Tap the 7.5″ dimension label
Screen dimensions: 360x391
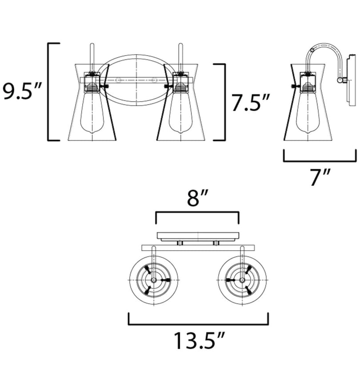250,102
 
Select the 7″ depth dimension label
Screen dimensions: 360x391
320,177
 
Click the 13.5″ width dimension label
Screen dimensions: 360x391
199,341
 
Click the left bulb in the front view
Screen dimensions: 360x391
92,112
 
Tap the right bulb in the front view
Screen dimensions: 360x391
180,112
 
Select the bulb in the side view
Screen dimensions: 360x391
308,112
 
